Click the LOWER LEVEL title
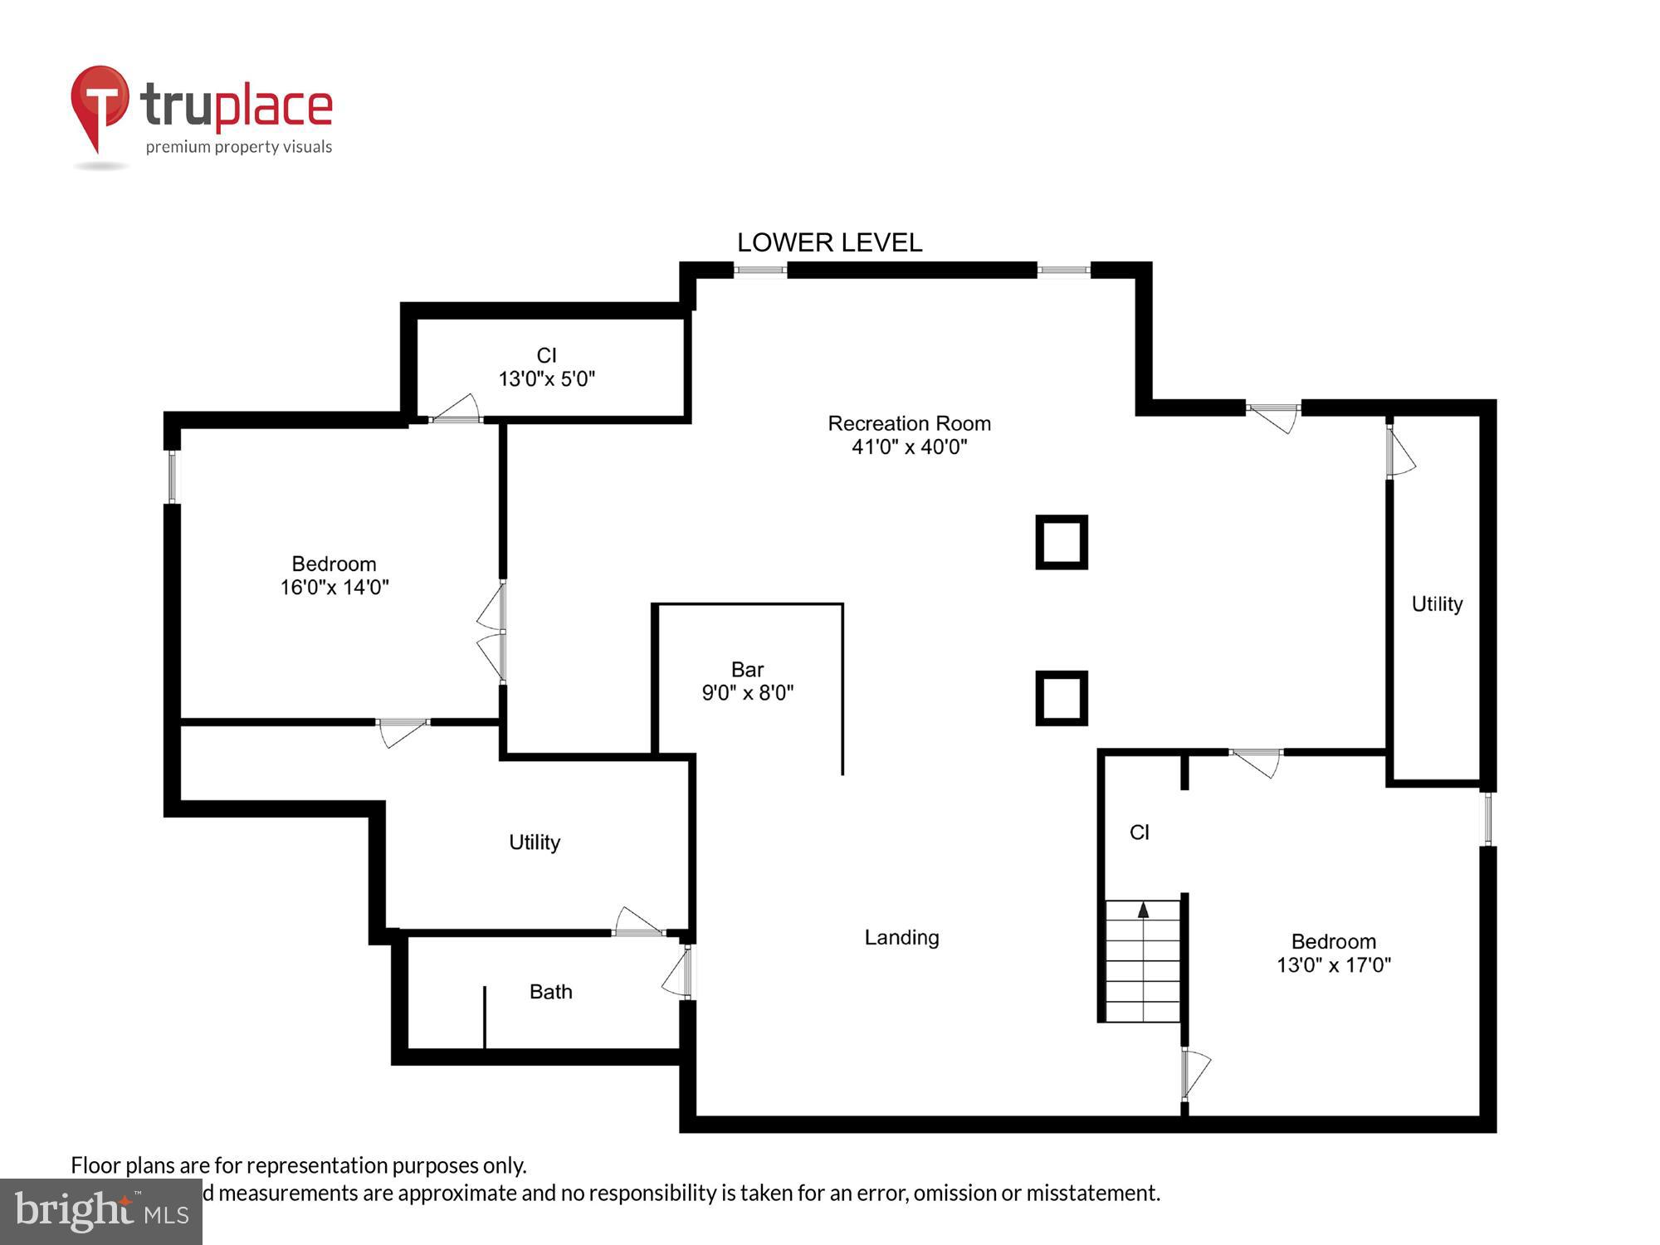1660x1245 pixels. tap(829, 242)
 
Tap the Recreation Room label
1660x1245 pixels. tap(909, 435)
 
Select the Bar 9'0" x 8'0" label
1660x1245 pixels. tap(748, 681)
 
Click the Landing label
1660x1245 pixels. tap(901, 937)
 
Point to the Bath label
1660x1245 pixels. tap(550, 991)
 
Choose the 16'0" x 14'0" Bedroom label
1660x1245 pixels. tap(334, 575)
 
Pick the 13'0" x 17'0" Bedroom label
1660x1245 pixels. tap(1333, 953)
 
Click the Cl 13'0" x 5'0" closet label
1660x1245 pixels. tap(546, 367)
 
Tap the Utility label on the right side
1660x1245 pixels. tap(1437, 603)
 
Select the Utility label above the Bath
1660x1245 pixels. tap(534, 842)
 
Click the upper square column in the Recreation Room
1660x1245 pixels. tap(1062, 542)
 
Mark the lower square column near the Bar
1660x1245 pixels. tap(1062, 697)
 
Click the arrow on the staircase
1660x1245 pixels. tap(1143, 911)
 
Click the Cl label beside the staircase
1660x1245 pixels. tap(1139, 832)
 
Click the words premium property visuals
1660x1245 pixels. tap(238, 147)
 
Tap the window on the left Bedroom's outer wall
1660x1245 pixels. tap(173, 476)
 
